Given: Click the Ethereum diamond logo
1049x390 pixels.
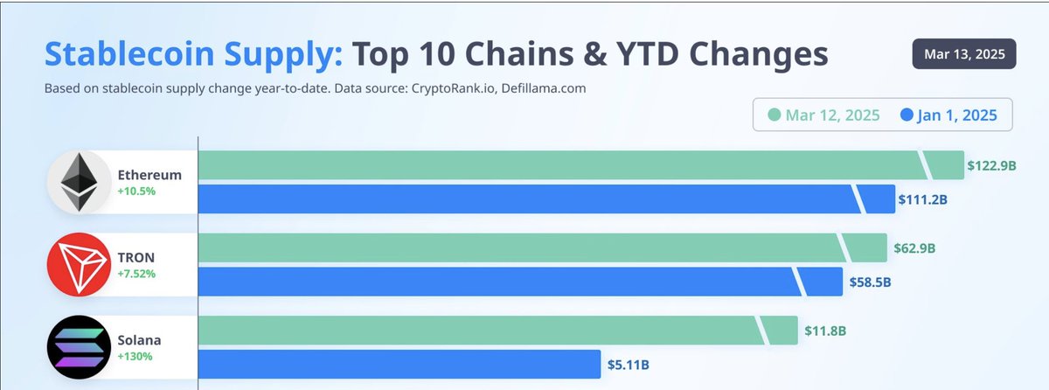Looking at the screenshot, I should coord(78,183).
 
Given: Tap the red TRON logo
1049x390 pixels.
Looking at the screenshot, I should coord(78,265).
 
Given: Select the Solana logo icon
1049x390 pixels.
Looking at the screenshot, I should coord(78,347).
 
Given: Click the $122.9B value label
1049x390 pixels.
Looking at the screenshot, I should coord(991,165).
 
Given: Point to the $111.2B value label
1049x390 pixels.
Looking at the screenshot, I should coord(923,199).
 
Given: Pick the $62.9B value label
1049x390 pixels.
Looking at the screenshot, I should coord(914,247).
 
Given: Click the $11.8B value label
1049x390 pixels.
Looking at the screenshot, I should coord(825,331).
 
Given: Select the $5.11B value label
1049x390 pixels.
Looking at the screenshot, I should coord(629,364).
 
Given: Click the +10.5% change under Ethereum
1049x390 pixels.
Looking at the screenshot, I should coord(136,191).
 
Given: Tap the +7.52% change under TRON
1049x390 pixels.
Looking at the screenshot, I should coord(136,274).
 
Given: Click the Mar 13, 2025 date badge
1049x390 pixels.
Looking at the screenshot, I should coord(964,53).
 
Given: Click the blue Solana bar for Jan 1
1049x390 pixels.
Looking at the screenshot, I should coord(398,364).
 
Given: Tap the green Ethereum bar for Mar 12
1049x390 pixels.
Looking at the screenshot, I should coord(559,165).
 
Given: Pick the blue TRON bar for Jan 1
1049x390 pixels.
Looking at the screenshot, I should coord(498,282).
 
